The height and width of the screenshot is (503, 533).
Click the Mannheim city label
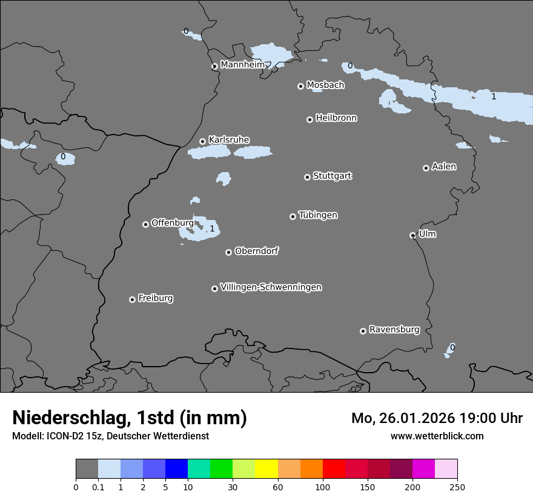[242, 64]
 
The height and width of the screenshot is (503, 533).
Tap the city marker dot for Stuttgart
[307, 177]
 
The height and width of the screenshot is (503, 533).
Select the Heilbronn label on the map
[336, 118]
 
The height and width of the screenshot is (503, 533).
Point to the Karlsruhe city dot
[202, 142]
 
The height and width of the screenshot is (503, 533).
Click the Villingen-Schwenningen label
[271, 287]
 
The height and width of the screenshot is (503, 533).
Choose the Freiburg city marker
[132, 299]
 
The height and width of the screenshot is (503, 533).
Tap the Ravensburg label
[394, 329]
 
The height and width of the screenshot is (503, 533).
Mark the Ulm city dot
[412, 235]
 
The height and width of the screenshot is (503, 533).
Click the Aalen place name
[444, 166]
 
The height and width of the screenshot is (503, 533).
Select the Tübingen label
[318, 215]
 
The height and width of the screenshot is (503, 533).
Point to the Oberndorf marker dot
[228, 252]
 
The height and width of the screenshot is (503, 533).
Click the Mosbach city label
[325, 85]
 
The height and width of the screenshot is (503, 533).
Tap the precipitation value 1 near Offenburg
[212, 228]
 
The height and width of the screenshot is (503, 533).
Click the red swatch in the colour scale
[334, 469]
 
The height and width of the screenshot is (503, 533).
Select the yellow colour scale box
[266, 469]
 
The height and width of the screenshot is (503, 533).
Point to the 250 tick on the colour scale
[457, 486]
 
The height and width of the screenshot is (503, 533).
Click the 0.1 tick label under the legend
[98, 486]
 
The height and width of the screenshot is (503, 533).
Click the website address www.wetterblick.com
[437, 436]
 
